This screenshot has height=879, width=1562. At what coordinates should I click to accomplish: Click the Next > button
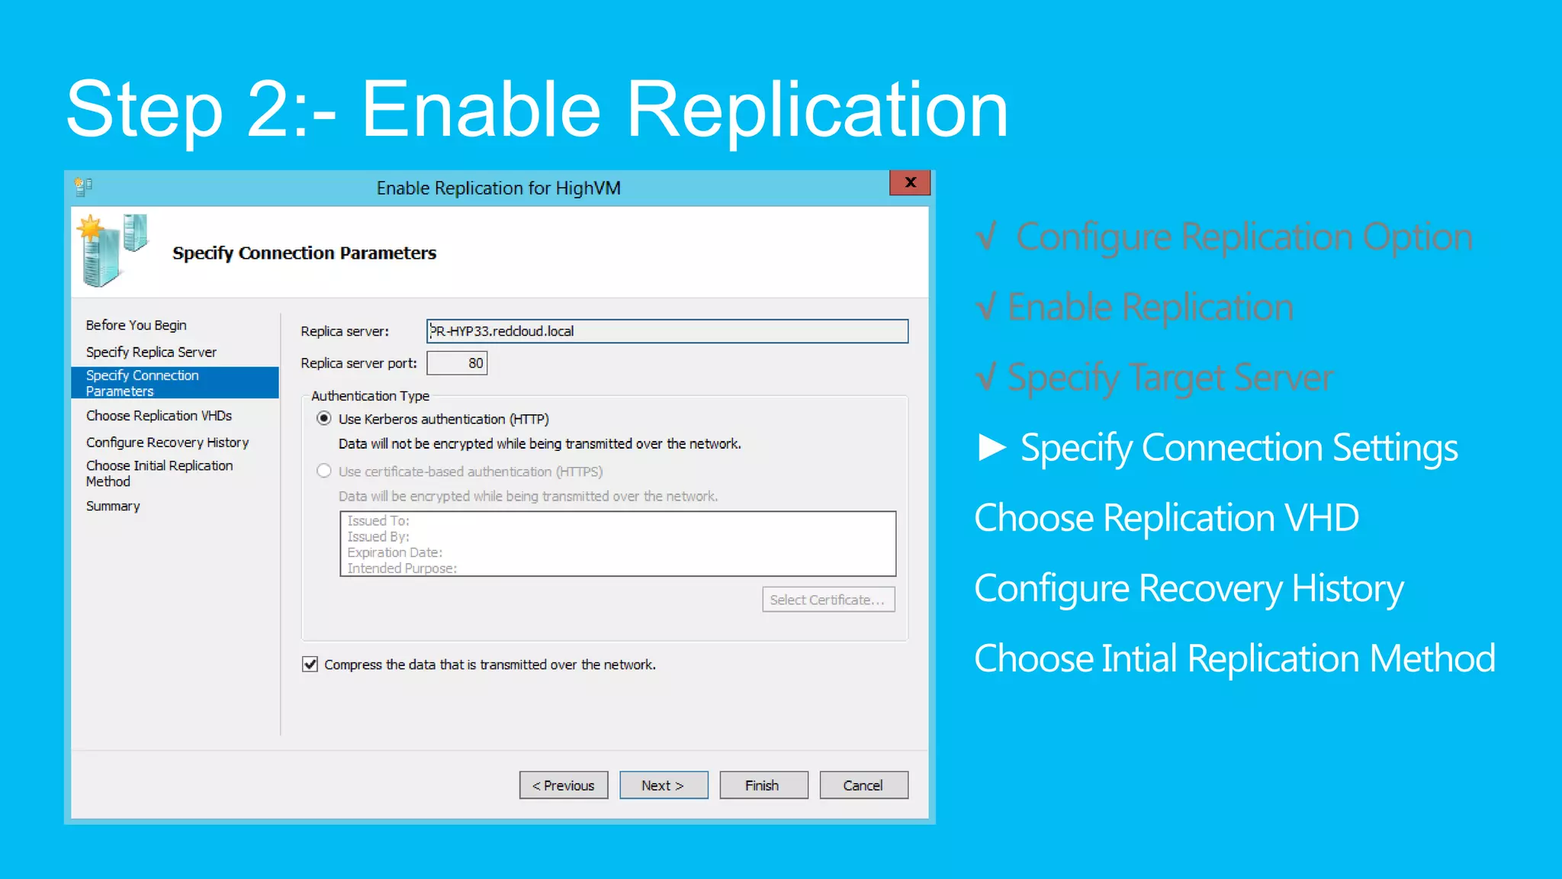[x=663, y=785]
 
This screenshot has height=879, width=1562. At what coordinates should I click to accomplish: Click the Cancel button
[x=863, y=785]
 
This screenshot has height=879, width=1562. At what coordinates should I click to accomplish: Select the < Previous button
[x=564, y=785]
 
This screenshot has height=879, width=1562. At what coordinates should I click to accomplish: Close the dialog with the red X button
[x=910, y=183]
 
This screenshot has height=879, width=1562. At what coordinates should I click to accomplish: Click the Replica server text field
[x=667, y=331]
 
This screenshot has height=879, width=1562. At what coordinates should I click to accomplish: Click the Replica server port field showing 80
[x=457, y=363]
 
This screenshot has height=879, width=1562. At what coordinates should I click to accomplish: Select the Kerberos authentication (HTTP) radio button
[x=324, y=419]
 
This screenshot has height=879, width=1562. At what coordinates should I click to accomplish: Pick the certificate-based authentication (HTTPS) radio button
[x=324, y=472]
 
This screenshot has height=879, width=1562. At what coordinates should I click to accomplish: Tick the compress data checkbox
[x=310, y=665]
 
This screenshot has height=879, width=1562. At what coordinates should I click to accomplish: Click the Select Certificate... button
[x=828, y=600]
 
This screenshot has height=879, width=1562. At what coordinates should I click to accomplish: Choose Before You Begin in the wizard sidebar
[x=136, y=325]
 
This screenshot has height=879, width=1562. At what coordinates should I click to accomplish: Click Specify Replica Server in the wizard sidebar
[x=151, y=352]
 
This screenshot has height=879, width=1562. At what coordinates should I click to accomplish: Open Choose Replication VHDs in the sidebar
[x=159, y=416]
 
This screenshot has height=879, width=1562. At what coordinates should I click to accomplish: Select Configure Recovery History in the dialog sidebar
[x=167, y=443]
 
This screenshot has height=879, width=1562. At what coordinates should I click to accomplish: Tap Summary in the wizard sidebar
[x=113, y=506]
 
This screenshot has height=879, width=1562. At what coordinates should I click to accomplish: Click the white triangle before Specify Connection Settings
[x=992, y=448]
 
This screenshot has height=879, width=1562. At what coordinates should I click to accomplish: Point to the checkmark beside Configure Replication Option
[x=987, y=237]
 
